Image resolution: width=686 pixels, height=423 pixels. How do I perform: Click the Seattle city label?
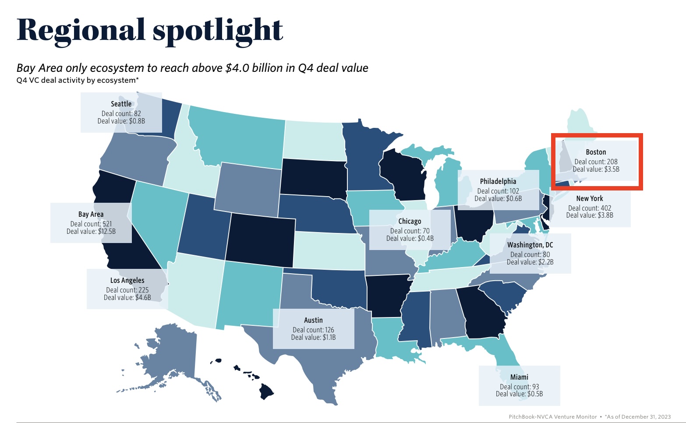tap(121, 104)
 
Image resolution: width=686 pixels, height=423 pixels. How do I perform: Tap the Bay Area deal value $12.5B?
tap(91, 231)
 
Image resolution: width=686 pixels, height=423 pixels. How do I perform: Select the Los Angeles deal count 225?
tap(127, 290)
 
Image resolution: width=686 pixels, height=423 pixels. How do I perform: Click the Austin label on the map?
tap(313, 320)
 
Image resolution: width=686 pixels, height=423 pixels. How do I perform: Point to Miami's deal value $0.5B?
tap(519, 394)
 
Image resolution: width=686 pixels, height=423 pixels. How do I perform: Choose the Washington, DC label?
tap(530, 245)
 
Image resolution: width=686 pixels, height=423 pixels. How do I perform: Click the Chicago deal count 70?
tap(410, 231)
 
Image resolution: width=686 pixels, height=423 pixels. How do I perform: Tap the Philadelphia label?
tap(498, 181)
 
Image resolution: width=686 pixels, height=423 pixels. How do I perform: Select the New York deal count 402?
tap(590, 208)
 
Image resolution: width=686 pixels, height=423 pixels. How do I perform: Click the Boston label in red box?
tap(596, 152)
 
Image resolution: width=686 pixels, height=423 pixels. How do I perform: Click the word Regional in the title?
tap(81, 31)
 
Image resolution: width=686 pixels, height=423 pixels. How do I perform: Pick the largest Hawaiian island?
tap(266, 391)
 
